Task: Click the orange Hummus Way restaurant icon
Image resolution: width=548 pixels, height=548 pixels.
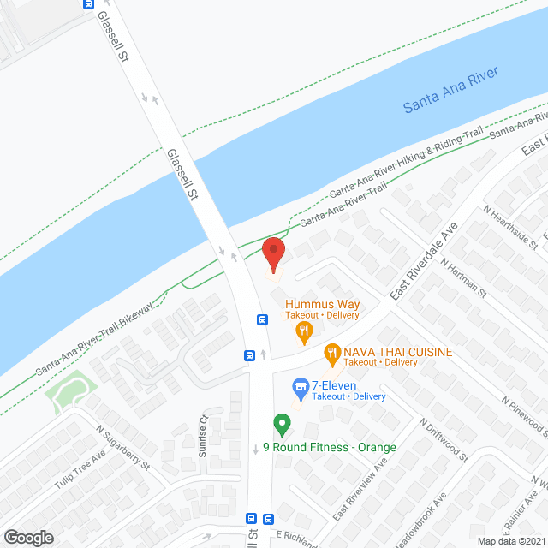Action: click(303, 331)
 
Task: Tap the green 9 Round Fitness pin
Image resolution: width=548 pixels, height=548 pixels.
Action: click(280, 423)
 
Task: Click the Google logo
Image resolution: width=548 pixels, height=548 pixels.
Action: click(28, 537)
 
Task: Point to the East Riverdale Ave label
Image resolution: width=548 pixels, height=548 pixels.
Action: click(423, 261)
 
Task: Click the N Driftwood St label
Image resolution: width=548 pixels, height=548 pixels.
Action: click(444, 440)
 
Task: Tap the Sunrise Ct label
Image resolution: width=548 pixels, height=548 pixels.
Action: click(204, 437)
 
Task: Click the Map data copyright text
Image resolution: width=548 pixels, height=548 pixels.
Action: click(510, 540)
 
